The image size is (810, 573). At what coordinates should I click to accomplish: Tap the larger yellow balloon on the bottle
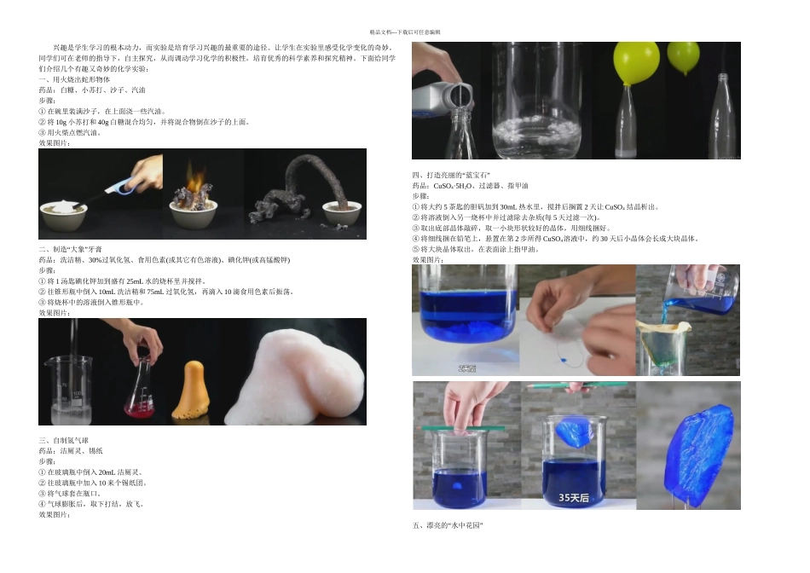[628, 64]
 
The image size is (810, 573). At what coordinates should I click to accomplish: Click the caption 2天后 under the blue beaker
[467, 368]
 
